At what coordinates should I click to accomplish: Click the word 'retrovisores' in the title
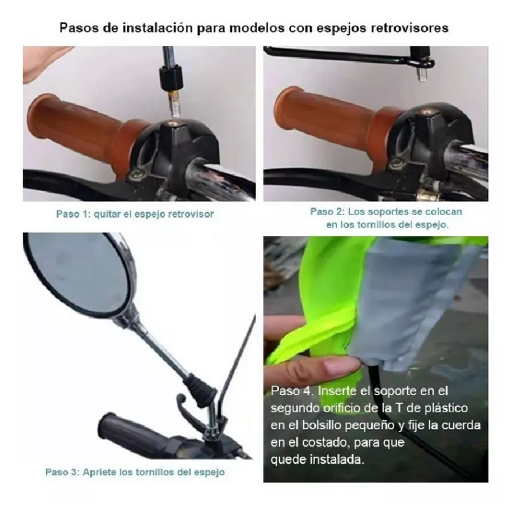tap(407, 28)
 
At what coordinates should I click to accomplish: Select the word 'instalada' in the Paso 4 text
tap(344, 459)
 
